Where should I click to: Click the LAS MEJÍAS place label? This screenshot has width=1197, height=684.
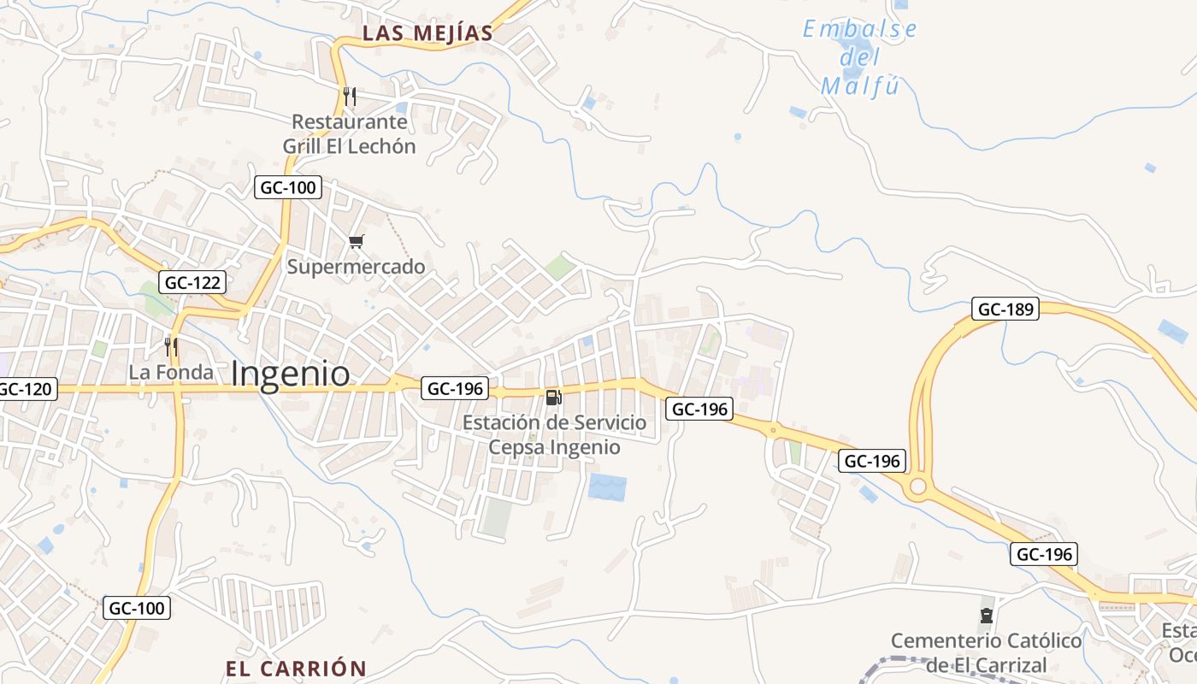427,33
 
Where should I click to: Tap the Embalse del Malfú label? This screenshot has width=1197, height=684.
860,58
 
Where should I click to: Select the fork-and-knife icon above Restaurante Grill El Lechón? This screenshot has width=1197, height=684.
349,96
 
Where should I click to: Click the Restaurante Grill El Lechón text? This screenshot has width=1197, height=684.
349,134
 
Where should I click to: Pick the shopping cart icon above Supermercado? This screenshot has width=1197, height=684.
357,242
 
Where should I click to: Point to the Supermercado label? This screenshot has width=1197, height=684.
356,267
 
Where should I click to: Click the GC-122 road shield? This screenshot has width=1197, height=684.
192,282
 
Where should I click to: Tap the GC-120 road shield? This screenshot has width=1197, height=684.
27,390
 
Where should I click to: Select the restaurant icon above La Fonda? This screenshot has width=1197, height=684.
171,346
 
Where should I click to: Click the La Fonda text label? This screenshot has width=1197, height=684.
171,373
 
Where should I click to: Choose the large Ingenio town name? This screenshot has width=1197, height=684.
291,374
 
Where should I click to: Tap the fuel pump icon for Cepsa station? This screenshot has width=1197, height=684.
554,398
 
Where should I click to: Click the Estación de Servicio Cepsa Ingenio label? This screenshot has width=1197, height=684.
554,434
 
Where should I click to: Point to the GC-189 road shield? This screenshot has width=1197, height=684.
1005,310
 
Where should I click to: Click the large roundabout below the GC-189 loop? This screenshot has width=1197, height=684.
918,487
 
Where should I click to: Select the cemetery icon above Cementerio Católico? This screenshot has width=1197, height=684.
987,616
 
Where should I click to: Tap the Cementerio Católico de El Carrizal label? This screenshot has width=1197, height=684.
987,652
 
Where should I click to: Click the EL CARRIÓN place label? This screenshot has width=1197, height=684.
296,669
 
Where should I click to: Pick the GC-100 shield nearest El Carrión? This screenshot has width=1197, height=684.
138,609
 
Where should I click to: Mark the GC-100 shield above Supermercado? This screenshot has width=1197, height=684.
287,187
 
